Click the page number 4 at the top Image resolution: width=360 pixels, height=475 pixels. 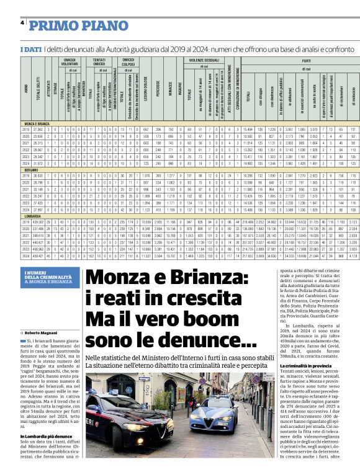[x=22, y=23]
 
